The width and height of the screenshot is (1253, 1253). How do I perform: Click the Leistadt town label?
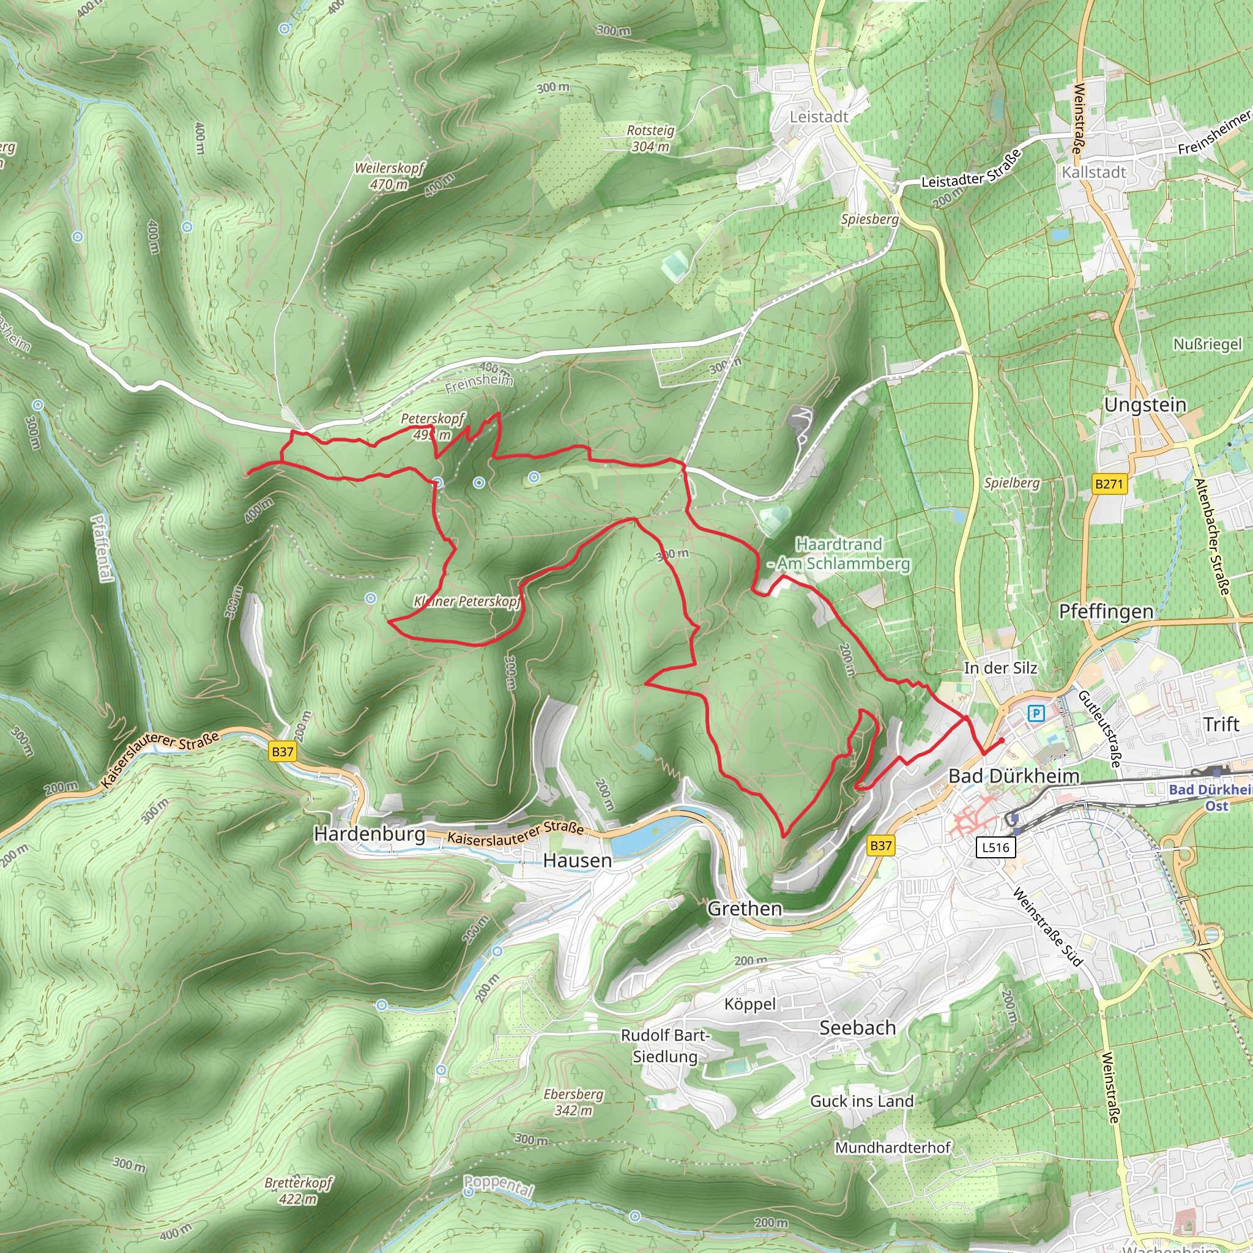pyautogui.click(x=819, y=117)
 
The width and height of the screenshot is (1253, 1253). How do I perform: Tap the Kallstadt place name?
pyautogui.click(x=1093, y=172)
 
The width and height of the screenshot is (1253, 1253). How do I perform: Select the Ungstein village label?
pyautogui.click(x=1145, y=404)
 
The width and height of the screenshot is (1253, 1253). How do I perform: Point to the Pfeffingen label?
pyautogui.click(x=1106, y=611)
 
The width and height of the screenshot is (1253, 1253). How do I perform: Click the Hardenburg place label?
pyautogui.click(x=370, y=833)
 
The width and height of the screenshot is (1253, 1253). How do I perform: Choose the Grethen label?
pyautogui.click(x=745, y=908)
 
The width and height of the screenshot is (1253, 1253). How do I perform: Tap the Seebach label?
pyautogui.click(x=857, y=1027)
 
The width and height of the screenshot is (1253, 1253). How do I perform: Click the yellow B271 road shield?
pyautogui.click(x=1109, y=483)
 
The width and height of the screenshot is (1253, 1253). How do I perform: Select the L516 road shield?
pyautogui.click(x=995, y=846)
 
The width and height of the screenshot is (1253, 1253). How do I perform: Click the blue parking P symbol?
pyautogui.click(x=1036, y=713)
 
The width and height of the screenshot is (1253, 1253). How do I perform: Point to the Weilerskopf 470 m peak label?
pyautogui.click(x=389, y=176)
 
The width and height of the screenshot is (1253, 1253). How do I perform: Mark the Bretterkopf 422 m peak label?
pyautogui.click(x=299, y=1190)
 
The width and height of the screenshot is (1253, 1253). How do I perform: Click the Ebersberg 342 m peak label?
pyautogui.click(x=573, y=1102)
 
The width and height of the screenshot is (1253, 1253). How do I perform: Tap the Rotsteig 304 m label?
pyautogui.click(x=650, y=138)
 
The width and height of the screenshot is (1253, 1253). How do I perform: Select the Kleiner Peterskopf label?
pyautogui.click(x=467, y=601)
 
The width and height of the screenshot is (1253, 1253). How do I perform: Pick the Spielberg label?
pyautogui.click(x=1012, y=483)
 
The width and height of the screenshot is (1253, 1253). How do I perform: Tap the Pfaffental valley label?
pyautogui.click(x=102, y=548)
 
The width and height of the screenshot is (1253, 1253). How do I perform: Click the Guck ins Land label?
pyautogui.click(x=862, y=1101)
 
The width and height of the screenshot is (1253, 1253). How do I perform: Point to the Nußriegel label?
pyautogui.click(x=1208, y=344)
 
